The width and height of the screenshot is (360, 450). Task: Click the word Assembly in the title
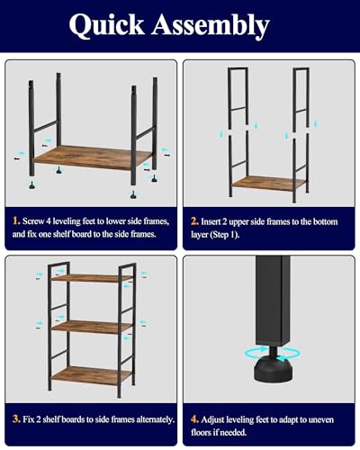point(220,27)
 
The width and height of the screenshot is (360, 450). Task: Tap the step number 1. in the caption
point(17,219)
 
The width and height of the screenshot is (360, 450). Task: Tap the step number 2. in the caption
point(195,219)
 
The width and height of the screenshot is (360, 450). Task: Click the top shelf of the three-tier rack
point(85,278)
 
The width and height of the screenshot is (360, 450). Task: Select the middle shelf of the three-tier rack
point(85,327)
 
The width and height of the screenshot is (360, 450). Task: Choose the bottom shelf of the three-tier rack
point(85,372)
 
